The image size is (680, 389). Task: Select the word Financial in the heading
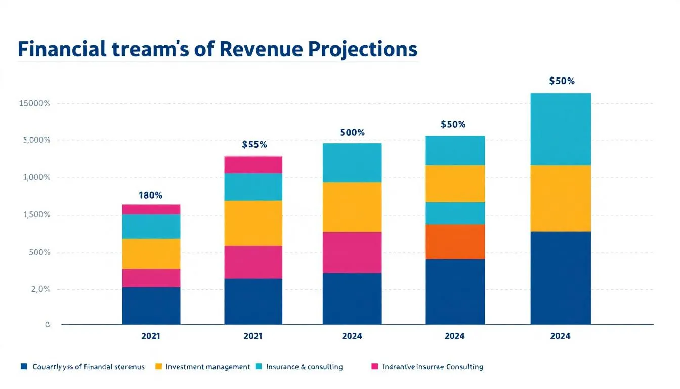click(61, 49)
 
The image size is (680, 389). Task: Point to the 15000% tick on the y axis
click(34, 103)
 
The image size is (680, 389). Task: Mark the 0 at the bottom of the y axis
click(48, 325)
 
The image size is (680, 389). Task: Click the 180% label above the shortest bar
click(150, 195)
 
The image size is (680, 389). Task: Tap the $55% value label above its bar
click(254, 144)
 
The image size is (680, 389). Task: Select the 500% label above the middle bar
click(352, 133)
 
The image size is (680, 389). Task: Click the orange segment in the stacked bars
click(455, 242)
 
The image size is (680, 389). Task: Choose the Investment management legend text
click(207, 366)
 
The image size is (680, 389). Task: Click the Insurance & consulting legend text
click(304, 366)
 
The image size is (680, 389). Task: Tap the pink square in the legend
click(374, 366)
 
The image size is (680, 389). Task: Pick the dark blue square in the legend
click(24, 366)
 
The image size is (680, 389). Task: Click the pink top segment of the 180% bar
click(151, 209)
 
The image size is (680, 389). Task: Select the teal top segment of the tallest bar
click(561, 129)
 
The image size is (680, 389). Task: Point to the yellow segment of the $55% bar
click(253, 223)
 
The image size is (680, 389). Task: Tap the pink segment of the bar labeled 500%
click(352, 252)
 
